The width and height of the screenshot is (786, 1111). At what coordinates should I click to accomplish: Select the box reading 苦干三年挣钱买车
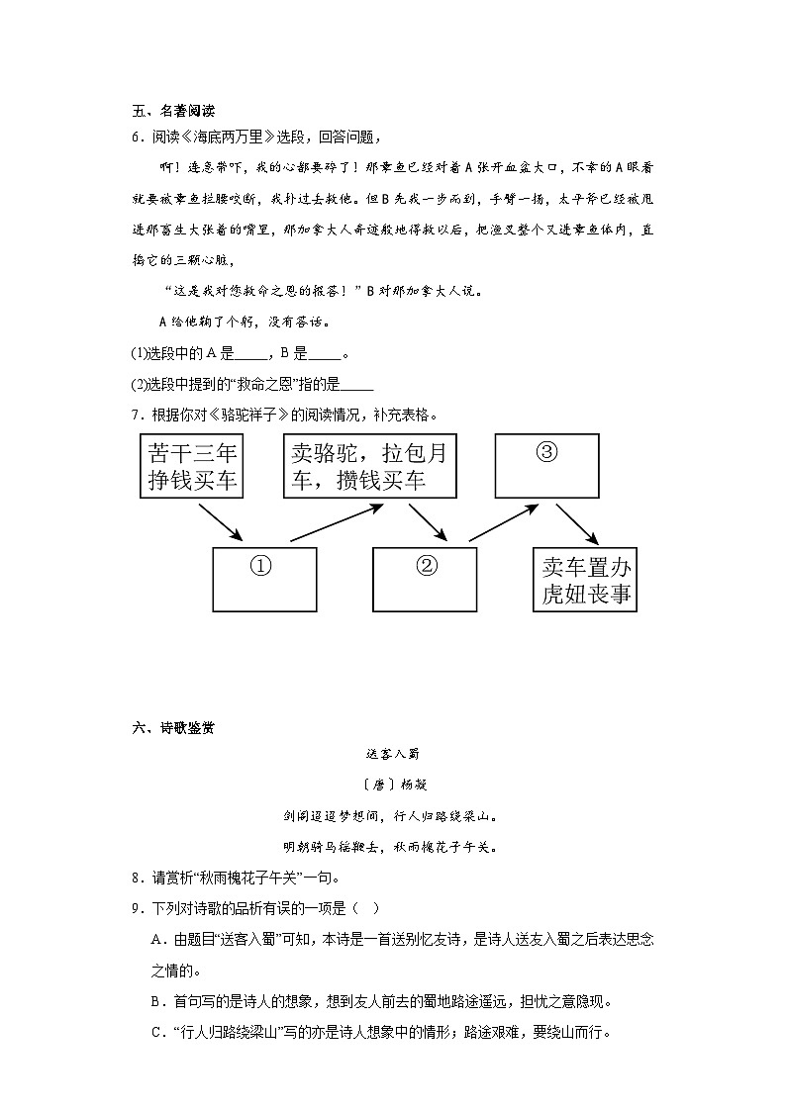coord(193,467)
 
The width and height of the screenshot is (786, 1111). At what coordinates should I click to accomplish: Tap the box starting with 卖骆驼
coord(370,466)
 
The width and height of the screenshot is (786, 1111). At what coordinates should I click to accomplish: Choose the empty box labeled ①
coord(264,579)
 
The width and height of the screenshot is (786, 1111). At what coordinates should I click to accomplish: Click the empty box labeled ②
coord(425,579)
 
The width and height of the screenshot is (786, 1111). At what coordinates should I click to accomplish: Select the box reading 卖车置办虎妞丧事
coord(585,580)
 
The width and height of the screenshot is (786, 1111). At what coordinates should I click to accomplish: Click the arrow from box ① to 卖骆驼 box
coord(337,522)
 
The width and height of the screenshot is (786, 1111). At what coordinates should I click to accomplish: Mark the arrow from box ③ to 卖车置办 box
coord(576,522)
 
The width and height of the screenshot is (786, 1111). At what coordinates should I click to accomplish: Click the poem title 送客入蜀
coord(393,755)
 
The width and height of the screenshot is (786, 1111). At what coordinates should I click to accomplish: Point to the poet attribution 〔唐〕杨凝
coord(393,785)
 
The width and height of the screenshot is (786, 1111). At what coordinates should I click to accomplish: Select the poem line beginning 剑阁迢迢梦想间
coord(393,816)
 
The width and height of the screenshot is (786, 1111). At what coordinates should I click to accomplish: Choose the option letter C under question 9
coord(155,1032)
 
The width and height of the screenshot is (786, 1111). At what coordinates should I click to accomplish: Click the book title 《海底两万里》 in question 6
coord(229,137)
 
